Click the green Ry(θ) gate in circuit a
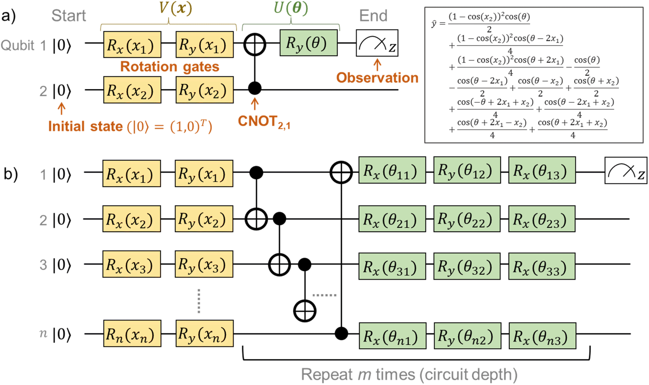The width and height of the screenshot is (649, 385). [308, 43]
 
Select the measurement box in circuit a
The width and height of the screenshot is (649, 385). [377, 43]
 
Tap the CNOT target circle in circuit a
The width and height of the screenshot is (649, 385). [255, 44]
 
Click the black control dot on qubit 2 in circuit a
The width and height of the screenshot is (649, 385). [255, 88]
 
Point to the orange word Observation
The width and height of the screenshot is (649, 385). [377, 78]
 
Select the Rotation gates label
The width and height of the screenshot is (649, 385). [170, 67]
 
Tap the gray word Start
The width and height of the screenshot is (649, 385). [68, 16]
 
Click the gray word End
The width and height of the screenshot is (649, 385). [373, 16]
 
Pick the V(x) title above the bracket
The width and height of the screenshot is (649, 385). [175, 8]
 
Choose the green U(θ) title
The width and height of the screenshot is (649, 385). [290, 8]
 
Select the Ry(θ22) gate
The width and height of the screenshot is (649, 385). [466, 219]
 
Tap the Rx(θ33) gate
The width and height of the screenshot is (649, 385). [542, 267]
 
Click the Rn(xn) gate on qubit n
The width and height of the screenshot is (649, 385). [132, 333]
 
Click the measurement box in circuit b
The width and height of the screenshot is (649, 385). [625, 170]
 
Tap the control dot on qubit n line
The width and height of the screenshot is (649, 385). [341, 333]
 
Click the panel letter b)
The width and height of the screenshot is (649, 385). [11, 174]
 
